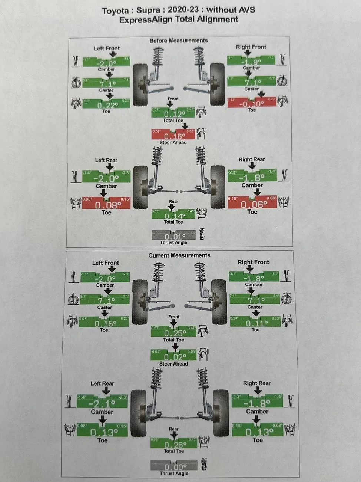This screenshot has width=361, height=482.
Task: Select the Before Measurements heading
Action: pos(178,40)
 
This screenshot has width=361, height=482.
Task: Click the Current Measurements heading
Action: pos(179,255)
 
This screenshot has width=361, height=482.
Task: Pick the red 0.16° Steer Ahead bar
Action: pos(173,135)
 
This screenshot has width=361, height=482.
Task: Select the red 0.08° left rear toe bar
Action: pos(106,204)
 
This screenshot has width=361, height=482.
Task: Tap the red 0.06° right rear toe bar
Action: pos(253,203)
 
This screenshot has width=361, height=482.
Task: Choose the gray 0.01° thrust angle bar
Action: pos(173,235)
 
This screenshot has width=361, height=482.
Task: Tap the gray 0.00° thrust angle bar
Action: pos(174,466)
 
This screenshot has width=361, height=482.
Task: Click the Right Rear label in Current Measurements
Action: pos(256,383)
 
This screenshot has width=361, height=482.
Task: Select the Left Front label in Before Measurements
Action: pos(107,48)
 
